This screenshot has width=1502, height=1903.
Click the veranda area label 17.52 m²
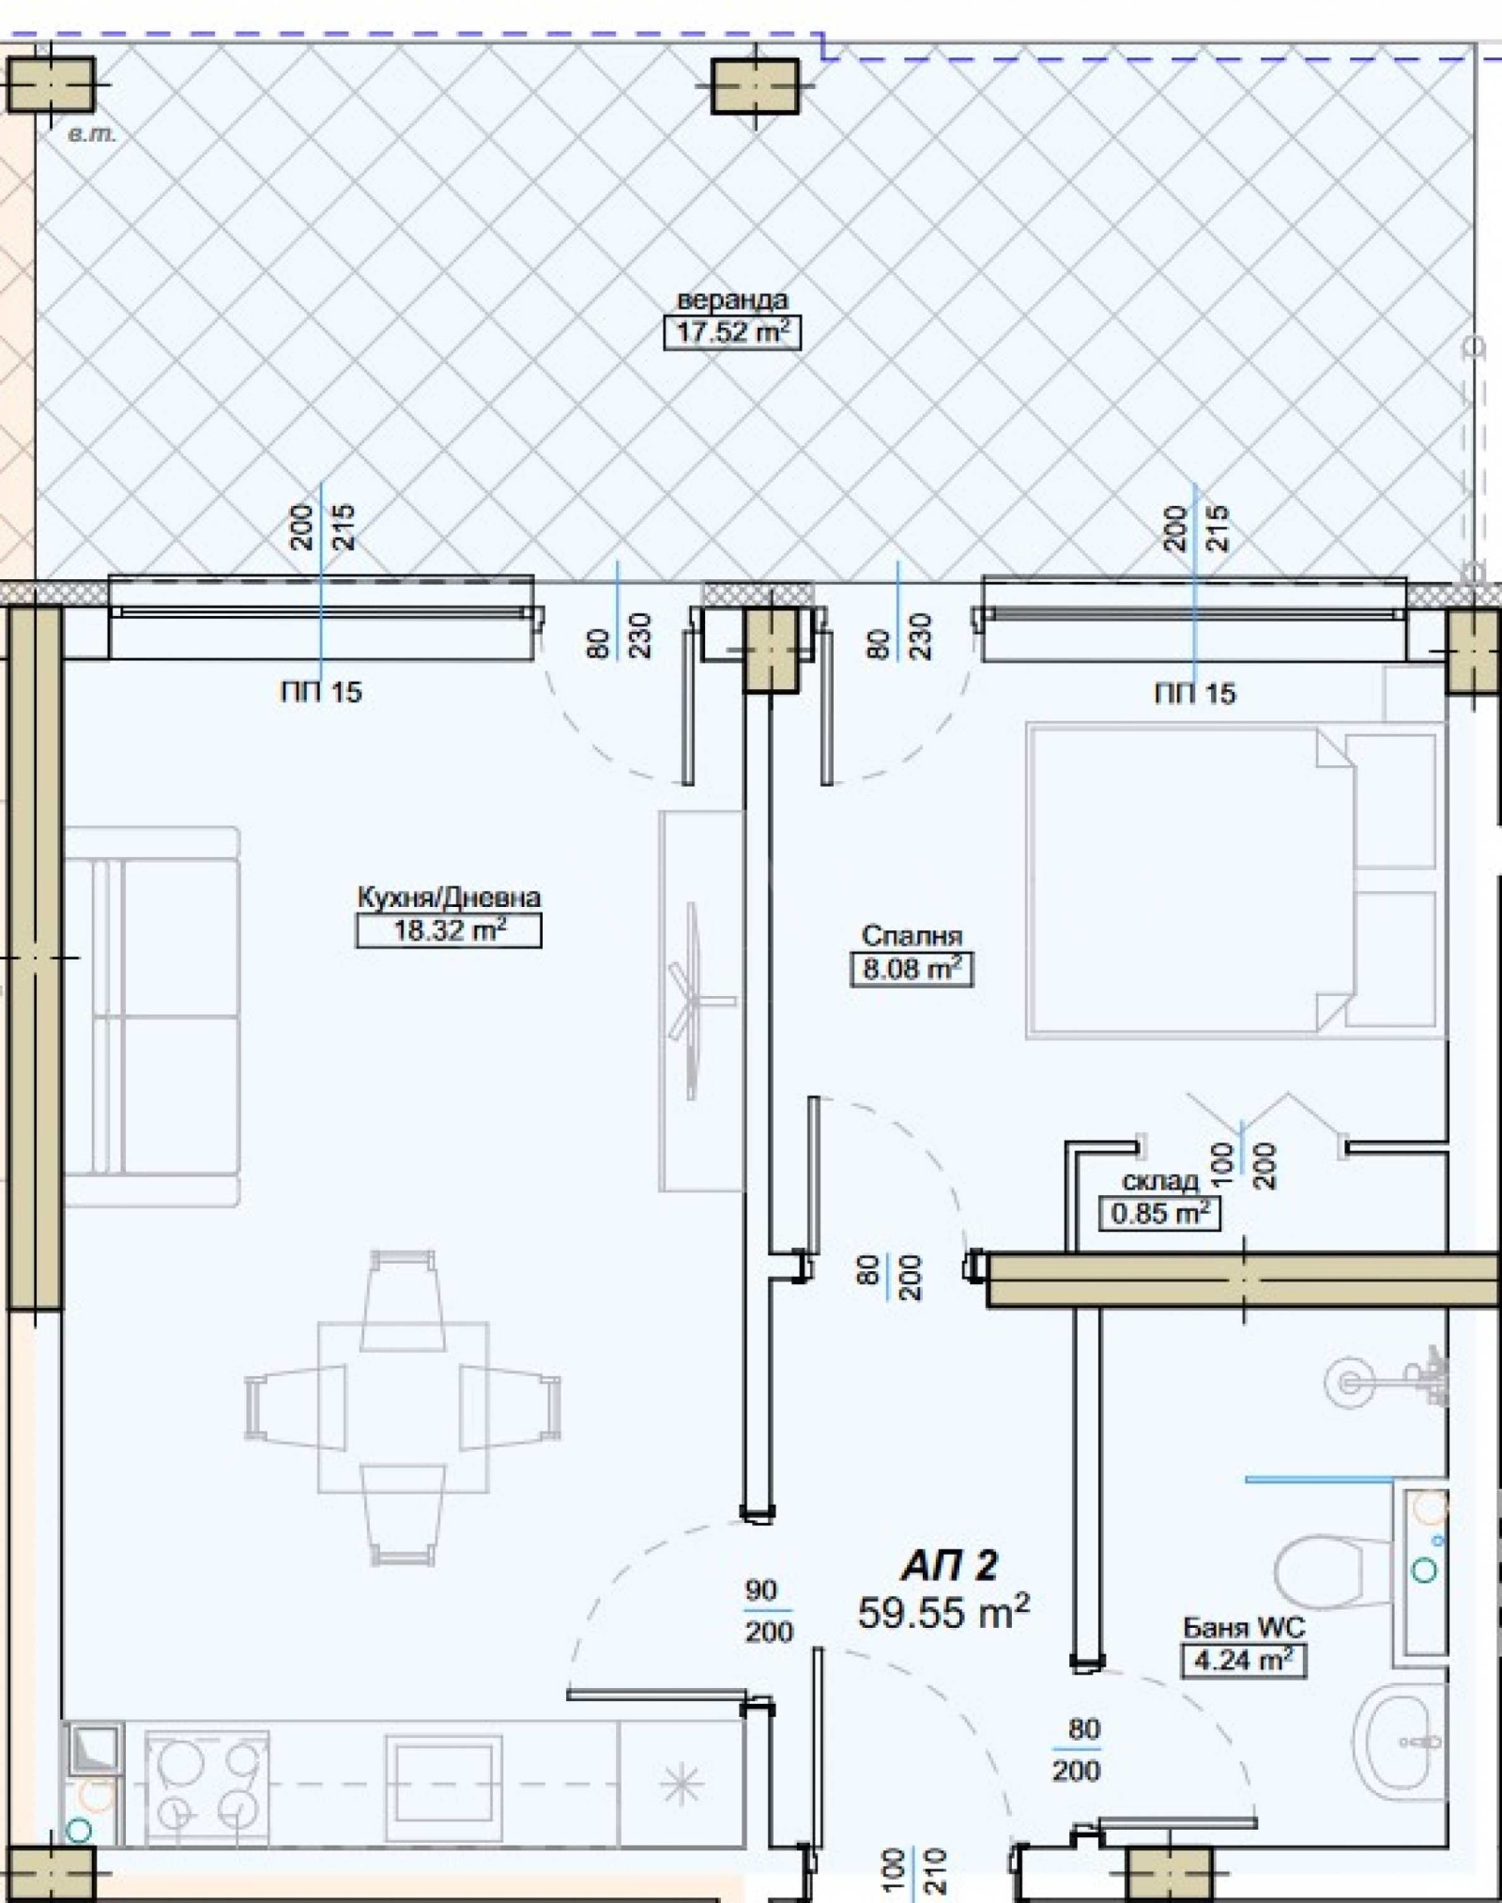tap(731, 332)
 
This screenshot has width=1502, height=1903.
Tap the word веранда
tap(732, 300)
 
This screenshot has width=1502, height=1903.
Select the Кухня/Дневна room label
tap(449, 898)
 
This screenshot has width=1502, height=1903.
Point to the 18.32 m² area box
tap(449, 931)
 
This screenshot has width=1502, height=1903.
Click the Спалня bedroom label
tap(912, 936)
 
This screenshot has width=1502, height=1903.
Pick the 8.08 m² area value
tap(912, 968)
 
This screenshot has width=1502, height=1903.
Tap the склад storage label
tap(1160, 1181)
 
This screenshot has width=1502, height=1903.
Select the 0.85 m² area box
tap(1159, 1213)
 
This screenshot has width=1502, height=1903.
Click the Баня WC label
tap(1243, 1626)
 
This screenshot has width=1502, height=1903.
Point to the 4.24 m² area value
tap(1242, 1660)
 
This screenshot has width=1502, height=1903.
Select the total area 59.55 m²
tap(943, 1613)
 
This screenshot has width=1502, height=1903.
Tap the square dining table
tap(403, 1407)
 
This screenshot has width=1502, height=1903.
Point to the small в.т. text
tap(92, 135)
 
